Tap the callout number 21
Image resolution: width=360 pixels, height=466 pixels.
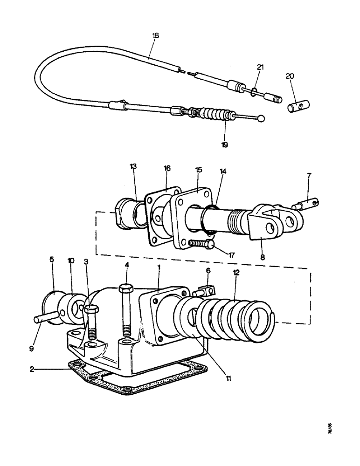pyautogui.click(x=260, y=67)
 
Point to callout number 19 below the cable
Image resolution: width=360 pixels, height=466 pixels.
pyautogui.click(x=225, y=145)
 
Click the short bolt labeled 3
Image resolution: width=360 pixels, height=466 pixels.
pyautogui.click(x=91, y=322)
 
